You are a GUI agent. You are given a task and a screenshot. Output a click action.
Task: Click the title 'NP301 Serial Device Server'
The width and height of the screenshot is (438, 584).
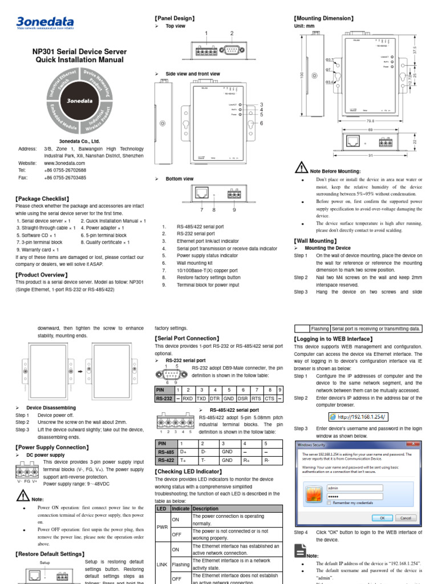[x=79, y=51]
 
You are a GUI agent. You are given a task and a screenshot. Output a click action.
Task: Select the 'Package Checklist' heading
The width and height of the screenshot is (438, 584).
[x=42, y=198]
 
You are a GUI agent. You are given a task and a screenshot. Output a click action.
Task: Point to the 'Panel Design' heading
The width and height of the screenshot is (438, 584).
[x=175, y=18]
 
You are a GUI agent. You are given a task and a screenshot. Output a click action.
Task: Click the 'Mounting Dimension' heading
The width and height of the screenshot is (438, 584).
[x=323, y=18]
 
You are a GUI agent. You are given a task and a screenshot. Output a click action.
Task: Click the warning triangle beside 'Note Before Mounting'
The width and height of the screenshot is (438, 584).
[x=302, y=167]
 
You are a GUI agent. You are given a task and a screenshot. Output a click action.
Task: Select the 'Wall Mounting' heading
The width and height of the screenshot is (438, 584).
[x=315, y=241]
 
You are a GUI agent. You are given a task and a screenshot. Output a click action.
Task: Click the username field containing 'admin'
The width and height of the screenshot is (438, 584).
[x=365, y=488]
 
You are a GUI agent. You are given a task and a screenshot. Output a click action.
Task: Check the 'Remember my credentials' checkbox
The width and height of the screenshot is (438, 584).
[x=329, y=503]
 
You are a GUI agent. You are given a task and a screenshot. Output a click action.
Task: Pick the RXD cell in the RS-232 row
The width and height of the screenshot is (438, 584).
[x=187, y=399]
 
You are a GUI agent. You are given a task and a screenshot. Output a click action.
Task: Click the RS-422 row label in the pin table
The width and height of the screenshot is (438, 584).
[x=165, y=460]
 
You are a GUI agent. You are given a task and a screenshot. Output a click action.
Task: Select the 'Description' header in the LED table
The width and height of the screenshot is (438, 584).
[x=206, y=508]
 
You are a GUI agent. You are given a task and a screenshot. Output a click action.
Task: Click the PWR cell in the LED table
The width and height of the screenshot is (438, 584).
[x=162, y=528]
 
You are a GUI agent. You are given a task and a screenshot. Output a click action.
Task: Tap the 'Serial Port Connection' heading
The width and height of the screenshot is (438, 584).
[x=187, y=338]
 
